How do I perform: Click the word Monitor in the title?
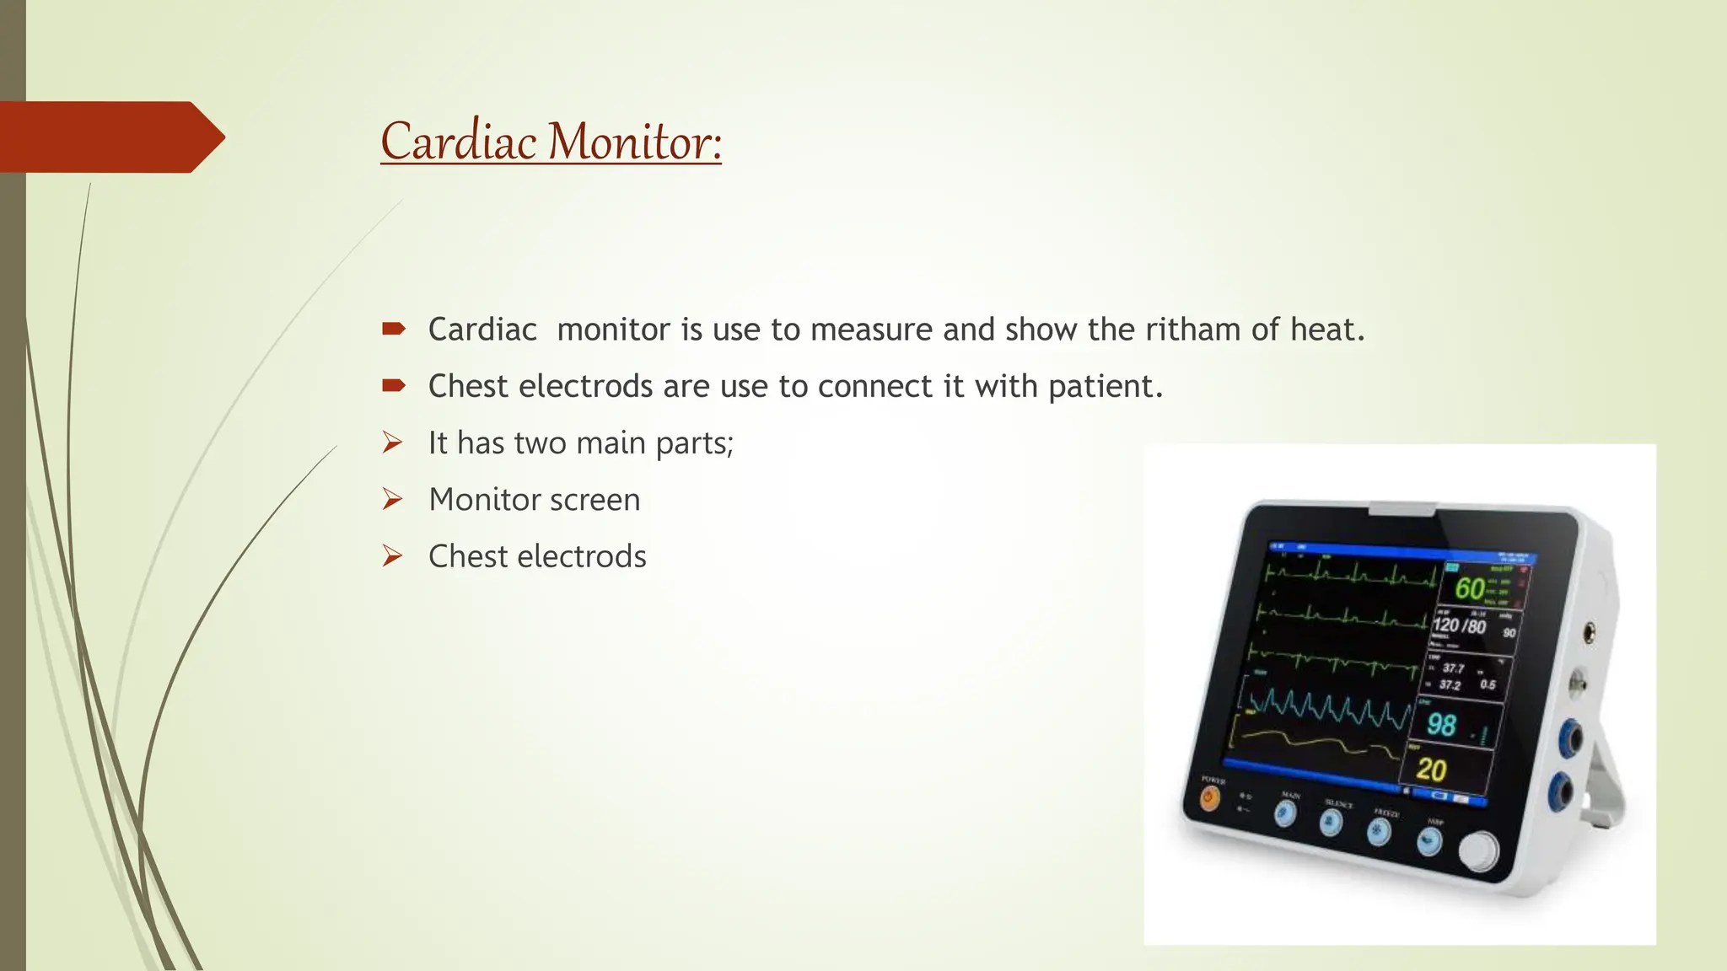pos(635,142)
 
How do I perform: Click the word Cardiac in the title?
pos(459,142)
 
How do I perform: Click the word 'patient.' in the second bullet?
pos(1106,387)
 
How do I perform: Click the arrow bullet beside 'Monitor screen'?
pos(392,499)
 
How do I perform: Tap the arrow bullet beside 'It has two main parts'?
pos(392,443)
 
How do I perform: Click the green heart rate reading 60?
pos(1470,588)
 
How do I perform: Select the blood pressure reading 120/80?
pos(1460,626)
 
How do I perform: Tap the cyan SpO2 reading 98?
pos(1441,725)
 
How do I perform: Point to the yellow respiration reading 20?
pos(1431,770)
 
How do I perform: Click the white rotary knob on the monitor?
pos(1478,851)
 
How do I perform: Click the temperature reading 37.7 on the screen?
pos(1453,668)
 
